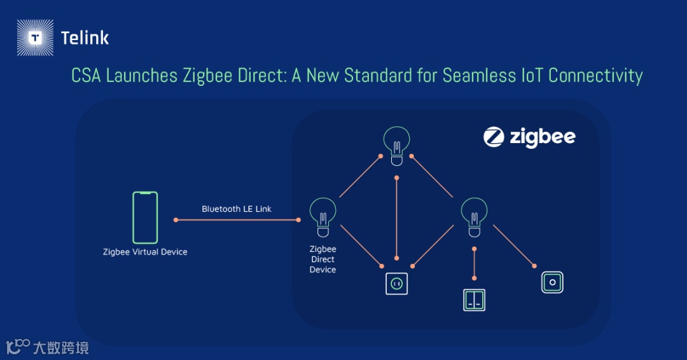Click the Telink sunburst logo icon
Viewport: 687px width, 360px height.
click(36, 38)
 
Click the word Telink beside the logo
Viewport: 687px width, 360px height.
click(85, 38)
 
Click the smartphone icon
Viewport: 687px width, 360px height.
click(145, 218)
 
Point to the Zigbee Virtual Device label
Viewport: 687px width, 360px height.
click(145, 252)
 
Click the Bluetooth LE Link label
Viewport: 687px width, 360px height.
click(237, 209)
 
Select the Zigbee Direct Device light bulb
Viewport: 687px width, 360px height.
click(323, 213)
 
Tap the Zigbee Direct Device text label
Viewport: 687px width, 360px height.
click(323, 260)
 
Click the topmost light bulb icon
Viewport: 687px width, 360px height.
click(396, 143)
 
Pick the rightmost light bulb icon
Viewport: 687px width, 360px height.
click(474, 213)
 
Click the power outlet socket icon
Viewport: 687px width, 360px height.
click(396, 283)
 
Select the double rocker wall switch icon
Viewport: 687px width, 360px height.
click(474, 300)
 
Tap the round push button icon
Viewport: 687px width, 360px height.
click(552, 282)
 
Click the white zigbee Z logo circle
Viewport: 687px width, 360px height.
click(494, 137)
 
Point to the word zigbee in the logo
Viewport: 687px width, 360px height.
click(543, 137)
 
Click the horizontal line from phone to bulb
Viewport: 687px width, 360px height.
click(237, 220)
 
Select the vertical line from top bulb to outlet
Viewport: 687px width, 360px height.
click(396, 216)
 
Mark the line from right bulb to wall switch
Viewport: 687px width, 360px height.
click(474, 263)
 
